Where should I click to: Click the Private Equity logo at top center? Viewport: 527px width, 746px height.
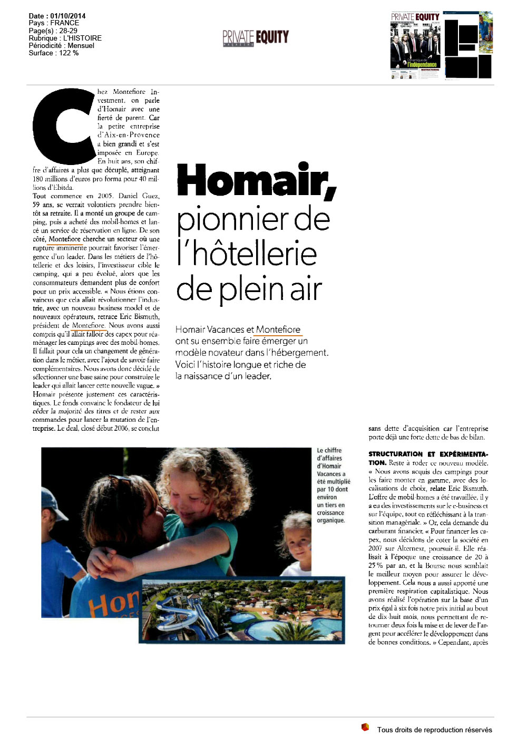[x=256, y=37]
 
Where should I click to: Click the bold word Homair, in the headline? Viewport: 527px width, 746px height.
[x=256, y=181]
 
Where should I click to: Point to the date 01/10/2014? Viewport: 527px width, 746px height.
[x=66, y=16]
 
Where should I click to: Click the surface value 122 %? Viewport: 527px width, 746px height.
[x=69, y=53]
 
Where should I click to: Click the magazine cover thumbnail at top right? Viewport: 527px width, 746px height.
[x=415, y=45]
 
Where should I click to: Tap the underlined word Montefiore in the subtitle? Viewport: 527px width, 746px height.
[x=278, y=330]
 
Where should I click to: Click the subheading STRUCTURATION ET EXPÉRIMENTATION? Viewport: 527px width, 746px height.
[x=428, y=458]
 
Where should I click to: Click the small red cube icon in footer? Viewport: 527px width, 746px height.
[x=365, y=728]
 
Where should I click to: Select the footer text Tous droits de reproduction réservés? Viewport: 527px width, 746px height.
[x=434, y=730]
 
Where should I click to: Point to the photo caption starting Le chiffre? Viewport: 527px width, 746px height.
[x=332, y=485]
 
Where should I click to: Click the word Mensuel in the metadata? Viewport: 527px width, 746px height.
[x=81, y=45]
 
